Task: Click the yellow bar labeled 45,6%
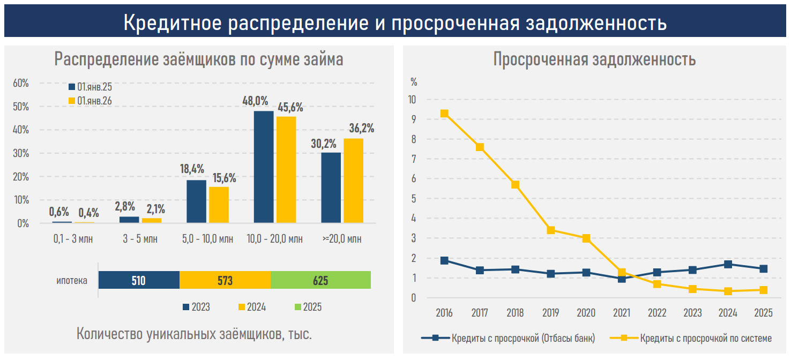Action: coord(286,169)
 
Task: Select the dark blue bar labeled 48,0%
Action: coord(263,167)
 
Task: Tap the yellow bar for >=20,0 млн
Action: coord(353,181)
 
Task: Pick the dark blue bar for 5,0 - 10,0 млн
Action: coord(196,201)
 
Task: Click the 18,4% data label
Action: coord(192,169)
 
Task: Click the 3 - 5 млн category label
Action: coord(140,239)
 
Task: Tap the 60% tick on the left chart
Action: coord(21,83)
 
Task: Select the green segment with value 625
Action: coord(320,280)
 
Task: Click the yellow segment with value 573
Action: coord(225,280)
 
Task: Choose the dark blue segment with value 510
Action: coord(139,280)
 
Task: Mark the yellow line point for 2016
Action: coord(444,114)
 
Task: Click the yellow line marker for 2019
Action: coord(550,230)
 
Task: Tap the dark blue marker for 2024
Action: coord(728,264)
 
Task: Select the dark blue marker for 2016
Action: coord(444,260)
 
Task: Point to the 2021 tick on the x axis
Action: coord(621,313)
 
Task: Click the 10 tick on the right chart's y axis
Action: coord(412,100)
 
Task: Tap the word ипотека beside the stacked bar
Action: coord(72,280)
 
